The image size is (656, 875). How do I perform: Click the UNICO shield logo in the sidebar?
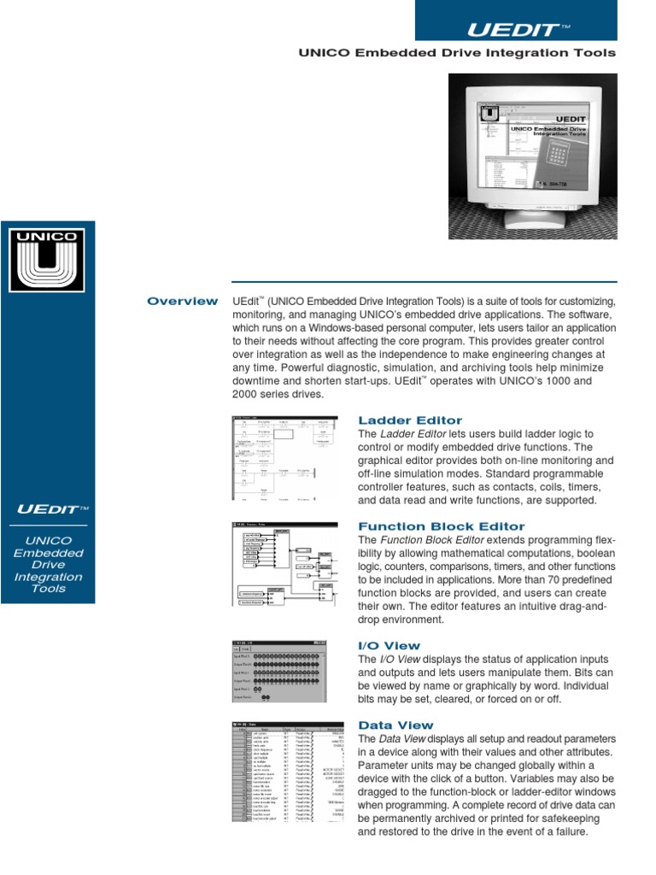(47, 257)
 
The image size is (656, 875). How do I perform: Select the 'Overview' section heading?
(182, 301)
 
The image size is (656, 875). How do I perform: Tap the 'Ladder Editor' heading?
(410, 420)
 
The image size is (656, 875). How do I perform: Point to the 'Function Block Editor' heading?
(442, 526)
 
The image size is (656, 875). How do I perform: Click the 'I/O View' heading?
(389, 645)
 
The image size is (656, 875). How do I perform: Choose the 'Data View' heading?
(395, 725)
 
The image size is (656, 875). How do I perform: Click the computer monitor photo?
(531, 154)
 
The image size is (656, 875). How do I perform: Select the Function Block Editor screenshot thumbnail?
(281, 567)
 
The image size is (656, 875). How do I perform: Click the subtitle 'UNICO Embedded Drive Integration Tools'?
(456, 53)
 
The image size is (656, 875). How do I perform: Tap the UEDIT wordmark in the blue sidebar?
(52, 510)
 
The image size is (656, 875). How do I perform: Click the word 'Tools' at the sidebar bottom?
(48, 589)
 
